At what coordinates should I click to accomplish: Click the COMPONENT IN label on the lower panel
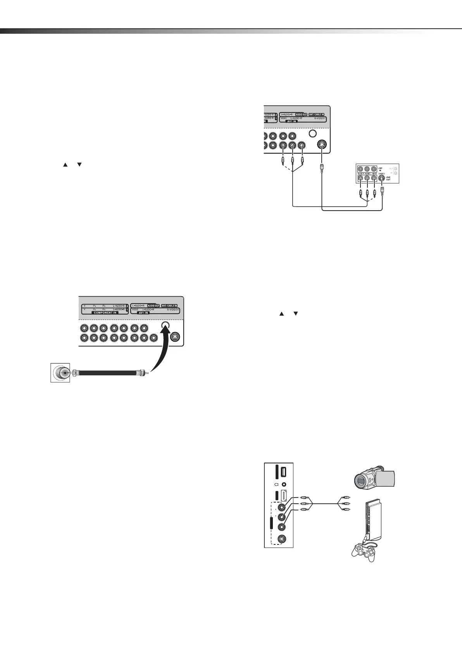pyautogui.click(x=103, y=313)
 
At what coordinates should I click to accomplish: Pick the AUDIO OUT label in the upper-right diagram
pyautogui.click(x=301, y=114)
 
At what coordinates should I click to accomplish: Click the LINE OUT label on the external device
pyautogui.click(x=388, y=178)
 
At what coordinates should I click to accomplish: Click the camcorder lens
pyautogui.click(x=360, y=481)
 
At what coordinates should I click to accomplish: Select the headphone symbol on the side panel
pyautogui.click(x=276, y=484)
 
